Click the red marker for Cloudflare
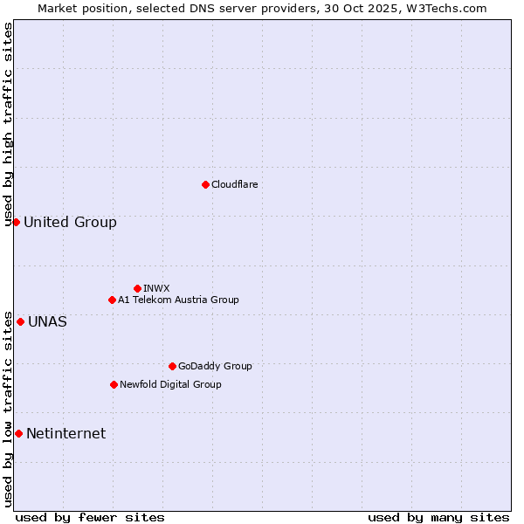(205, 184)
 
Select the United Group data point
(16, 222)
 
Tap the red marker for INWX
(137, 288)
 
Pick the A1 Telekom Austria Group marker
(112, 300)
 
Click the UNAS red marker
(20, 321)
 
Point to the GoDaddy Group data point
(172, 366)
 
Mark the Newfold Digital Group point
(114, 384)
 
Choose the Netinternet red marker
(18, 433)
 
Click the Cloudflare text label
(234, 184)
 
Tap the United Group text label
(70, 222)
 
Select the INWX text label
(156, 288)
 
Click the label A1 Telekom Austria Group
(178, 300)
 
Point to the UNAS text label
(47, 321)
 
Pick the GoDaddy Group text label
(215, 366)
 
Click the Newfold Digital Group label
(170, 384)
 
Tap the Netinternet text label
(65, 433)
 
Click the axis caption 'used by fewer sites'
(90, 517)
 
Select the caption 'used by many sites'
(438, 517)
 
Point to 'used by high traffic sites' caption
(8, 125)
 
